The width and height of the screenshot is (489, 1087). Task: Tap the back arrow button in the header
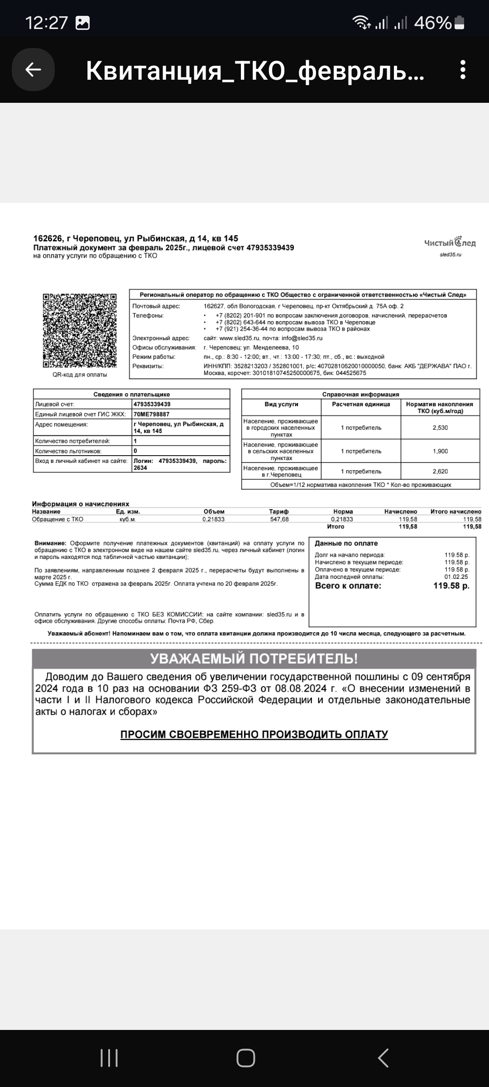point(33,70)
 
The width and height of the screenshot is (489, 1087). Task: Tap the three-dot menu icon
point(462,70)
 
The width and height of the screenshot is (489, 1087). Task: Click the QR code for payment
point(80,331)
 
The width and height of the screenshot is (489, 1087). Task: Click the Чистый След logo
point(450,243)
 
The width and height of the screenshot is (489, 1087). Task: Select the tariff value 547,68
point(279,519)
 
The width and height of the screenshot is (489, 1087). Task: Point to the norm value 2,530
point(440,428)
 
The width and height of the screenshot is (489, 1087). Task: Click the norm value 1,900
point(440,451)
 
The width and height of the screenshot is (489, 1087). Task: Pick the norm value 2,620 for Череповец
point(440,471)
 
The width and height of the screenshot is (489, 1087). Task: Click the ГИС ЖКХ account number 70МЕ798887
point(152,414)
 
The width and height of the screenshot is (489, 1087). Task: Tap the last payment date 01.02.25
point(456,577)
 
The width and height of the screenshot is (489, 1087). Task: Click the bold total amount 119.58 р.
point(451,586)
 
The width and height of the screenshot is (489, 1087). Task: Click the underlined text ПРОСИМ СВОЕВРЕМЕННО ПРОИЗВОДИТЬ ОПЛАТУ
point(254,735)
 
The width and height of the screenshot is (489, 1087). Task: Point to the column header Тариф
point(279,511)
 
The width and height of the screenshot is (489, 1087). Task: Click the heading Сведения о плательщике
point(131,394)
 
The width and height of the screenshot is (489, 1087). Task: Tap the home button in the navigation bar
point(245,1058)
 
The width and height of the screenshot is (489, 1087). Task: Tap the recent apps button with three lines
point(109,1058)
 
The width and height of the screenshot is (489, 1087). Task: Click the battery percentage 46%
point(433,23)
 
